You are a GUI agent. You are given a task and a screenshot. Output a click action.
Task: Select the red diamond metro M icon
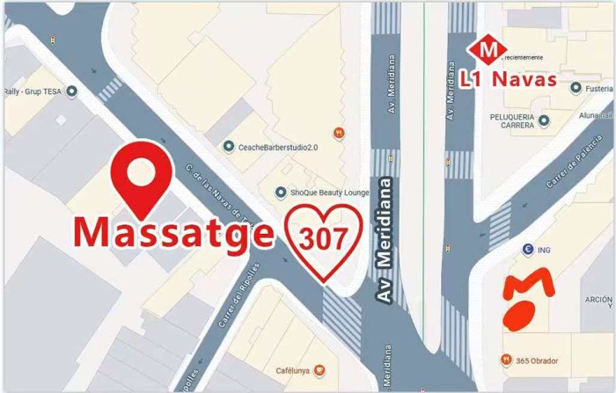(482, 49)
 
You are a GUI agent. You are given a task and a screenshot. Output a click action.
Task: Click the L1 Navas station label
(509, 78)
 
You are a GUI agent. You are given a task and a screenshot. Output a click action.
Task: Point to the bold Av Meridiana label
(385, 239)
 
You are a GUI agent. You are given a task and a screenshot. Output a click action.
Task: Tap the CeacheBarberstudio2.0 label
(277, 147)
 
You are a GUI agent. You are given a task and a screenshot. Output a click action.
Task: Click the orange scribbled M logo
(529, 299)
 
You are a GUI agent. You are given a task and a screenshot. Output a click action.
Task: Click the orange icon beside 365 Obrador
(506, 359)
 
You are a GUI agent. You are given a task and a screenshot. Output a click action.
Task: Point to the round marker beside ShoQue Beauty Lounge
(282, 193)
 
